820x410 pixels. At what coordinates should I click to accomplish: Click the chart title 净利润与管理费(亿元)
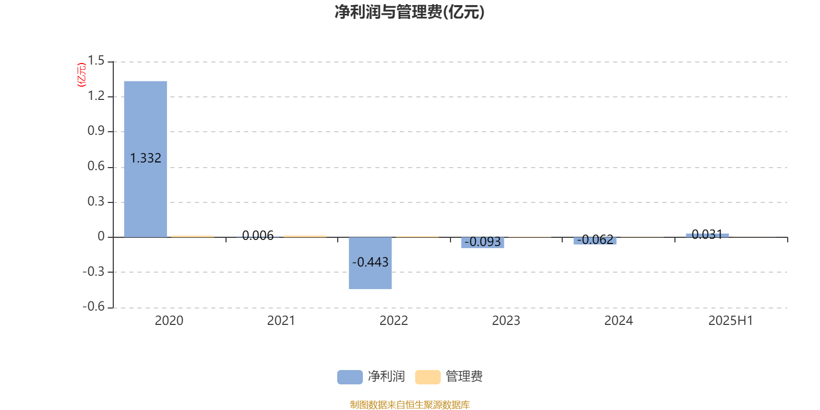409,12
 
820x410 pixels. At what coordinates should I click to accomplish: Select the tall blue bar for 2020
146,159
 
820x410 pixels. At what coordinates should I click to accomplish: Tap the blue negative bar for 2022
370,263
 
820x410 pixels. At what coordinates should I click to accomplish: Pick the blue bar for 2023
482,243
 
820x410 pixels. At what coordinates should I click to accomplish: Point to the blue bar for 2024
595,241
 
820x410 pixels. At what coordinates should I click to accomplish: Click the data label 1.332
146,158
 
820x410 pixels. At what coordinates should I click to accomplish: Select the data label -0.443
370,262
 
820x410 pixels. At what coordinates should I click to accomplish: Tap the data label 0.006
258,235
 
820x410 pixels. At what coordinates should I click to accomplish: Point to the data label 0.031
707,234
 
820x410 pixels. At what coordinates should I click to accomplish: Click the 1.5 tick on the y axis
96,60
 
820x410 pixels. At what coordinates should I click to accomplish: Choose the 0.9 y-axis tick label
96,131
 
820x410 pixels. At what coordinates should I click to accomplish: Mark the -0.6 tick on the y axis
94,306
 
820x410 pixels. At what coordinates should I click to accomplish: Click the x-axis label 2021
281,321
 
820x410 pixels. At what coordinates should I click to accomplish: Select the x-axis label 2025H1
731,321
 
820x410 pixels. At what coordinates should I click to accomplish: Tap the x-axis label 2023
506,321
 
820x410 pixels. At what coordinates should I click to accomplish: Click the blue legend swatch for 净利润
350,377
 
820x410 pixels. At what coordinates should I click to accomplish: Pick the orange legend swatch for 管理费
427,377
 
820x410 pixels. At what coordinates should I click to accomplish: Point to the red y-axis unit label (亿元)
81,75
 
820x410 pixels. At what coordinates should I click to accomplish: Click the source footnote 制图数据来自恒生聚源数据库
409,404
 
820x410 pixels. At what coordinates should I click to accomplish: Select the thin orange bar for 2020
193,236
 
